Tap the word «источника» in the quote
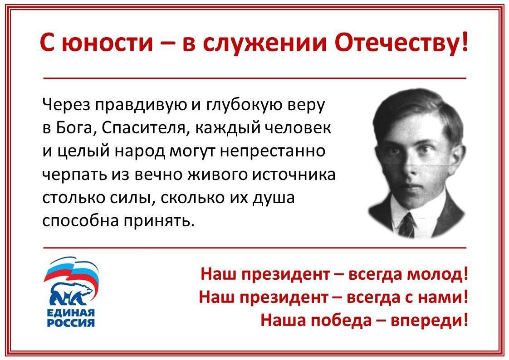294,175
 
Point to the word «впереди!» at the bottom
430,321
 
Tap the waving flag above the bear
71,270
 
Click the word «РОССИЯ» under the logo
71,323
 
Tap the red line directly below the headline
254,78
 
